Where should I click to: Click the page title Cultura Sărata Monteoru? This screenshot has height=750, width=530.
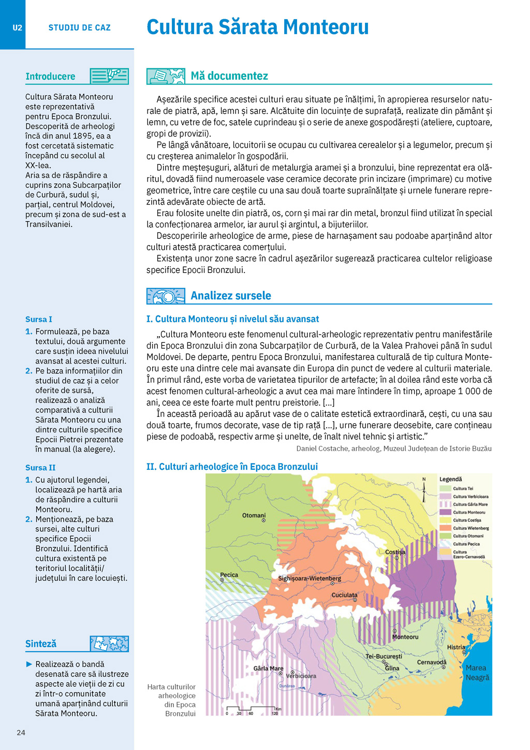pos(257,27)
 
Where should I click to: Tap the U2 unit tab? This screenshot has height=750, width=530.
pos(17,28)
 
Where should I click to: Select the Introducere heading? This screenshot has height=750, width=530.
pos(50,77)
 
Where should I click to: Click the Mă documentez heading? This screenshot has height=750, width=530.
pos(229,76)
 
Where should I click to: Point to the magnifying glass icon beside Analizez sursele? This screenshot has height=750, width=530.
pos(166,296)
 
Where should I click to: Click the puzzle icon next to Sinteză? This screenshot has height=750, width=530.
pos(109,644)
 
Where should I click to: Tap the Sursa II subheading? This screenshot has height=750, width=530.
pos(40,468)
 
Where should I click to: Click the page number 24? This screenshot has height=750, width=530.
pos(21,732)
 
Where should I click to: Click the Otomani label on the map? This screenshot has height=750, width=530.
pos(254,515)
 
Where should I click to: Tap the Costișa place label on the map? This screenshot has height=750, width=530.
pos(395,552)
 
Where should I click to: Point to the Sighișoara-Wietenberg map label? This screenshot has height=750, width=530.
pos(310,578)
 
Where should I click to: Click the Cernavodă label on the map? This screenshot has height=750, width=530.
pos(431,662)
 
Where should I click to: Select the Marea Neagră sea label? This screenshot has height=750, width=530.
pos(477,673)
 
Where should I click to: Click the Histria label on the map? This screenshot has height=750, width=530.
pos(456,647)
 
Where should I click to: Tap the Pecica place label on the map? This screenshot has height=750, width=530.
pos(229,575)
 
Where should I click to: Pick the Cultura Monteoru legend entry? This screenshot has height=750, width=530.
pos(469,512)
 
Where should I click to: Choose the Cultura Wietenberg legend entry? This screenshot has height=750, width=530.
pos(470,528)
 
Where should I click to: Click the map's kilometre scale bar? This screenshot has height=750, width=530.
pos(252,708)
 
